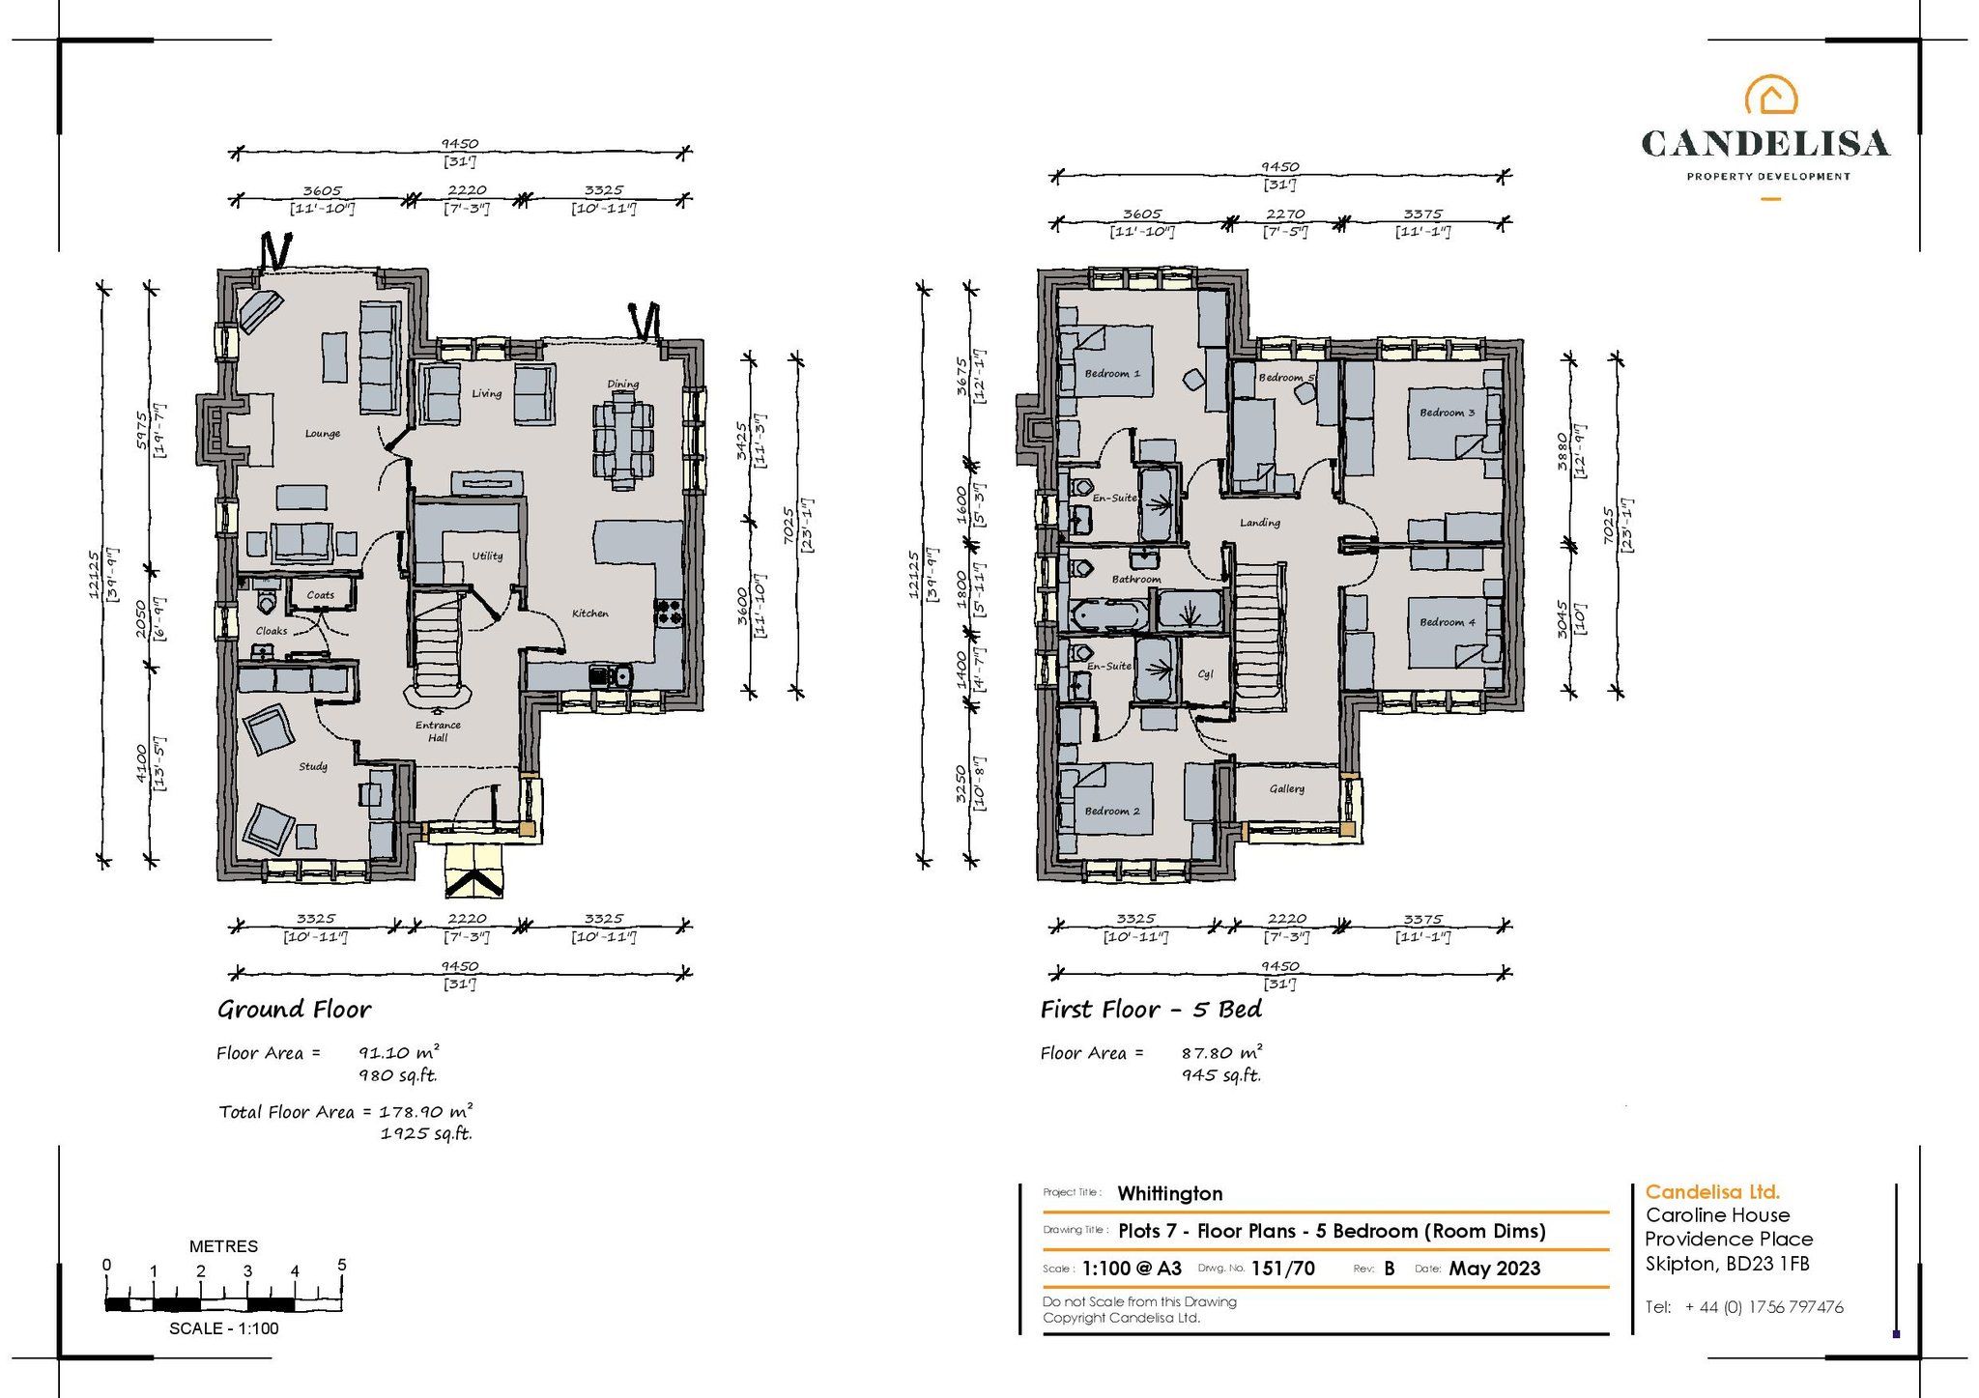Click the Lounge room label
tap(323, 434)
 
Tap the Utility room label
tap(487, 556)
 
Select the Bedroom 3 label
tap(1447, 413)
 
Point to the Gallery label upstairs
tap(1287, 789)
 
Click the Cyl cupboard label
tap(1205, 674)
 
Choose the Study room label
tap(313, 767)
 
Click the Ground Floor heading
tap(294, 1010)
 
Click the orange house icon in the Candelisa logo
tap(1770, 95)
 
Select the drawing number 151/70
tap(1282, 1269)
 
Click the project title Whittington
tap(1169, 1194)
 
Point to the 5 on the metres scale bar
tap(342, 1265)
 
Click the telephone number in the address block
tap(1764, 1307)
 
